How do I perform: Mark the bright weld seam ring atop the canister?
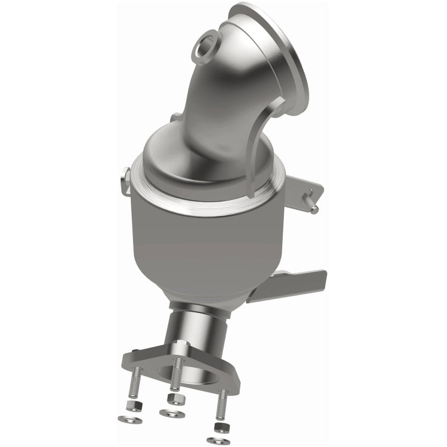(x=207, y=207)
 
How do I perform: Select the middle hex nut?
(x=171, y=398)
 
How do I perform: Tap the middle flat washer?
(x=169, y=413)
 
